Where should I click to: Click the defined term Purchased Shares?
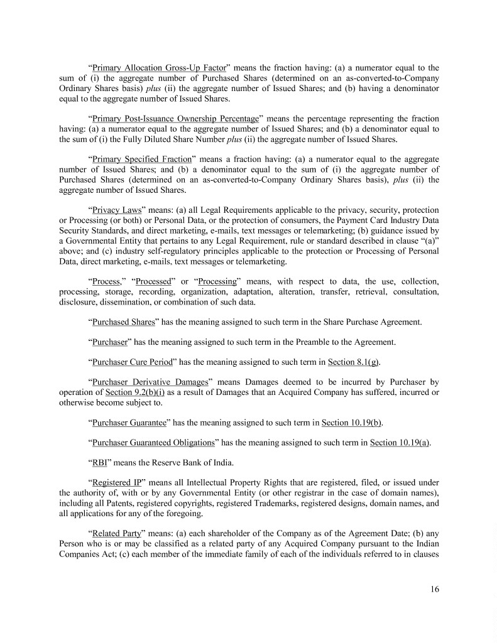tap(123, 322)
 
